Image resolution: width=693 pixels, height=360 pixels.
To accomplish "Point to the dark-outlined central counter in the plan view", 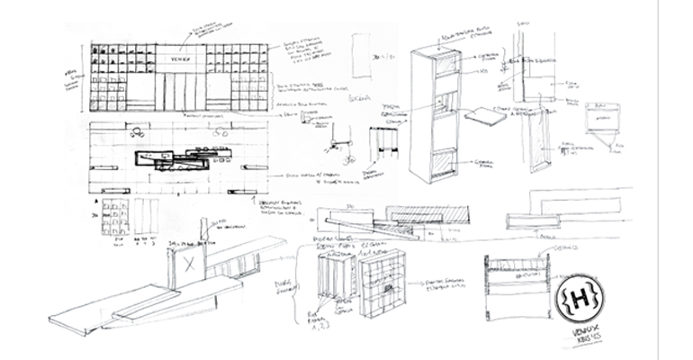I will [171, 162].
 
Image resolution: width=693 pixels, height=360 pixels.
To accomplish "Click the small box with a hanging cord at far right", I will [599, 122].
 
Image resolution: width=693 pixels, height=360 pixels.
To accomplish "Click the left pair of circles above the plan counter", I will [139, 130].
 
